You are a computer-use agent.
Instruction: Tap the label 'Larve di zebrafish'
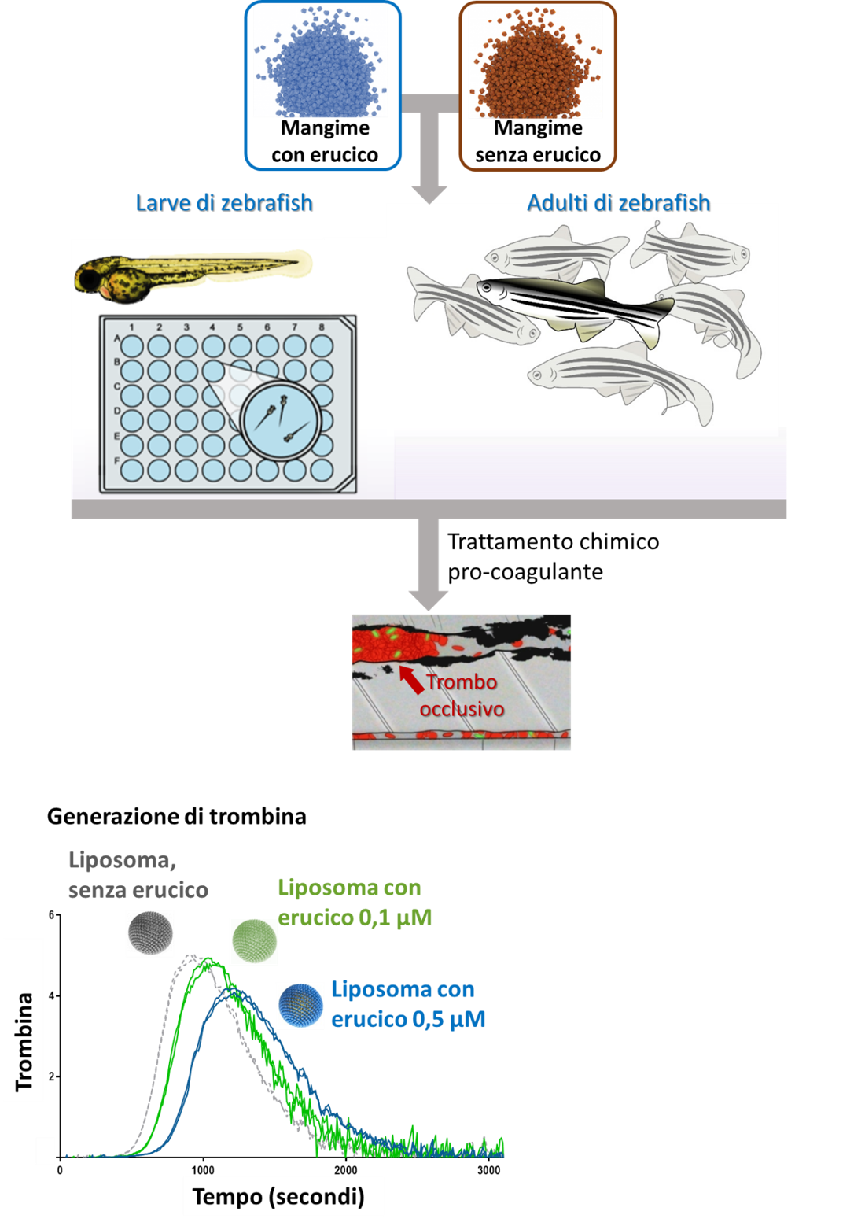(x=224, y=203)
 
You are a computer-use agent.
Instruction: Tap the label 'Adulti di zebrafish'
(x=618, y=203)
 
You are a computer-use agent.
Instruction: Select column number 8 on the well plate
(x=321, y=327)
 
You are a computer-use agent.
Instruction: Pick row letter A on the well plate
(x=118, y=339)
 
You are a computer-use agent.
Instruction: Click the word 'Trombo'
(x=462, y=681)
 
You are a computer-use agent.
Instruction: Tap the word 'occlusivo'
(x=462, y=709)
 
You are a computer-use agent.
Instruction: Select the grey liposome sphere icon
(x=149, y=933)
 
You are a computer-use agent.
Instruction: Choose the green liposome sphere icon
(x=253, y=941)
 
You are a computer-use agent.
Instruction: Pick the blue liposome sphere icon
(x=300, y=1006)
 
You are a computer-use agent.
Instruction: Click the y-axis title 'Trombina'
(x=24, y=1041)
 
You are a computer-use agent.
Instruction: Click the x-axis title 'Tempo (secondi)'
(x=278, y=1197)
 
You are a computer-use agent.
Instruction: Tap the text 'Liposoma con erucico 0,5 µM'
(x=407, y=1004)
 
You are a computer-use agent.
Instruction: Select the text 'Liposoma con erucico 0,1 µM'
(x=354, y=903)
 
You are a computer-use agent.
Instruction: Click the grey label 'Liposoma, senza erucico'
(x=138, y=875)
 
